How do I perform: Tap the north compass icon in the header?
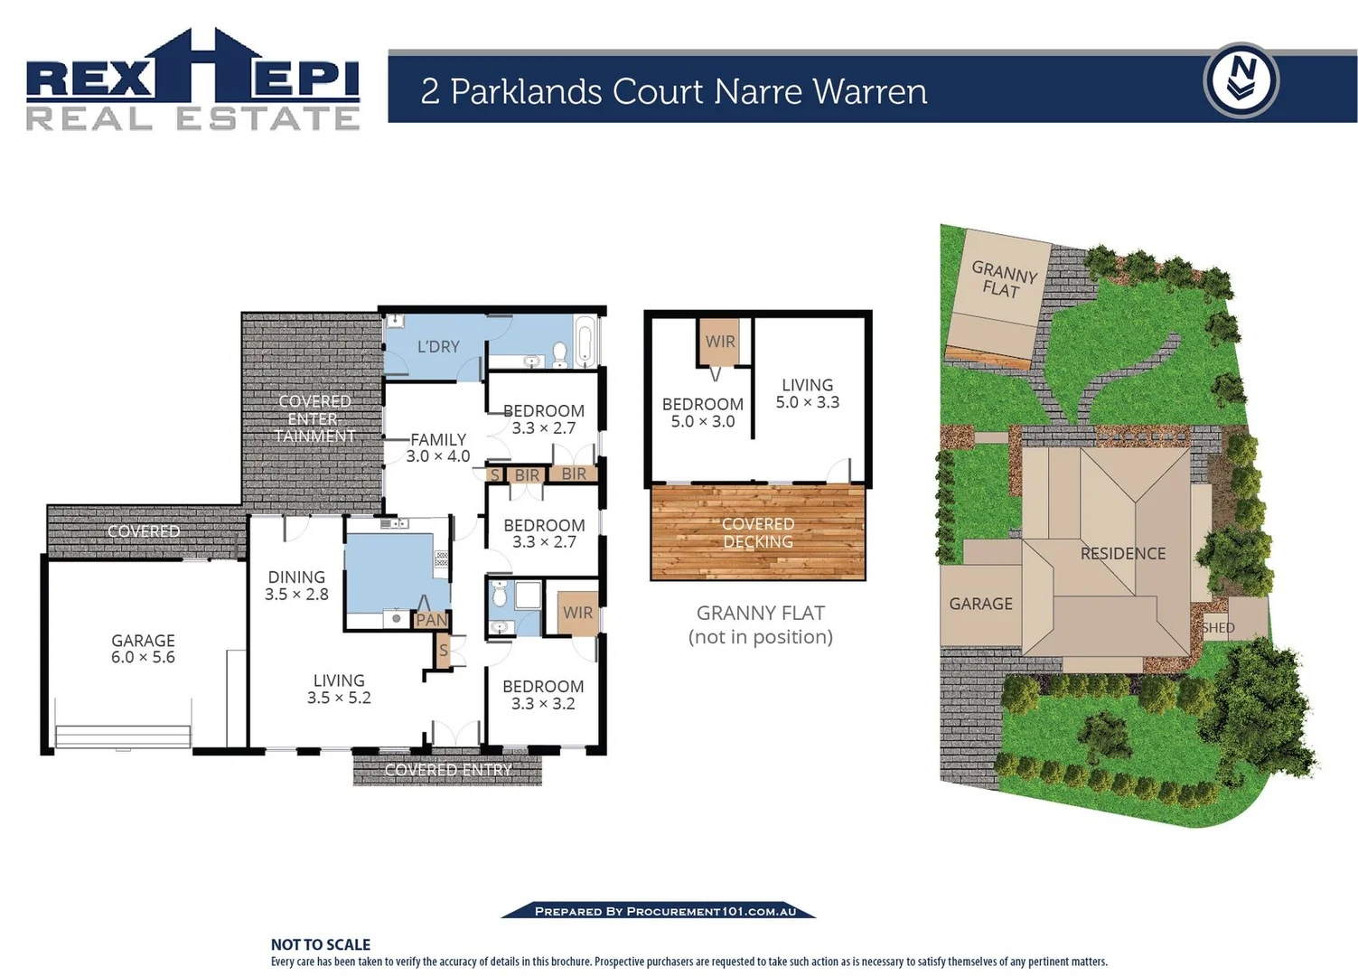pyautogui.click(x=1241, y=80)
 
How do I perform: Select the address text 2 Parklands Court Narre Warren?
pyautogui.click(x=674, y=91)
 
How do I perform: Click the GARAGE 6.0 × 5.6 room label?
pyautogui.click(x=143, y=649)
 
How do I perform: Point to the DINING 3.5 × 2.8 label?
pyautogui.click(x=296, y=586)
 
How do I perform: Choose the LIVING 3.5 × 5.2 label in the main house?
pyautogui.click(x=339, y=689)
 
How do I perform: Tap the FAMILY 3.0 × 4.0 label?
pyautogui.click(x=438, y=447)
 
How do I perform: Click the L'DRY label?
pyautogui.click(x=438, y=346)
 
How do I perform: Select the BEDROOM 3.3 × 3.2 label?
pyautogui.click(x=543, y=695)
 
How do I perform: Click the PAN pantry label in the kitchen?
pyautogui.click(x=431, y=620)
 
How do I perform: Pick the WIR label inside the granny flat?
pyautogui.click(x=720, y=342)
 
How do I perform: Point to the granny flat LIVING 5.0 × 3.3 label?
pyautogui.click(x=808, y=393)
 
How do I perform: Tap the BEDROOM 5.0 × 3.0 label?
pyautogui.click(x=703, y=412)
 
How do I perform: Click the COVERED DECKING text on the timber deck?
pyautogui.click(x=758, y=532)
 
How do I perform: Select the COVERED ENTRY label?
pyautogui.click(x=448, y=770)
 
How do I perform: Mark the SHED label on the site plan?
pyautogui.click(x=1218, y=627)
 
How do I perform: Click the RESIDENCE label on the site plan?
pyautogui.click(x=1123, y=553)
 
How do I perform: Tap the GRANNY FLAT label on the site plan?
pyautogui.click(x=1003, y=279)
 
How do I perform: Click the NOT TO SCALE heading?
pyautogui.click(x=321, y=944)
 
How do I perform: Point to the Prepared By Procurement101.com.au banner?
pyautogui.click(x=665, y=911)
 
